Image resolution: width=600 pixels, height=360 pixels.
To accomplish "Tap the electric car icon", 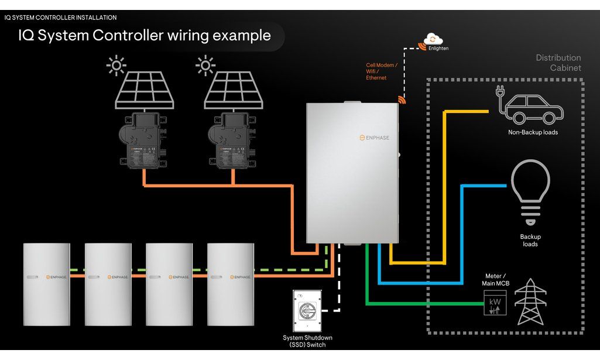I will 530,108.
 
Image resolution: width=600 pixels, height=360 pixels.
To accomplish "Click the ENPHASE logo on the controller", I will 374,138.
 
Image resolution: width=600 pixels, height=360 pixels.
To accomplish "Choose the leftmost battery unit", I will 46,283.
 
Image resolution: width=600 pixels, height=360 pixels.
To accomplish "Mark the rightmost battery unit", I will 231,283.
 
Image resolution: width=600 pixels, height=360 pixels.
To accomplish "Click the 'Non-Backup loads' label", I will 533,132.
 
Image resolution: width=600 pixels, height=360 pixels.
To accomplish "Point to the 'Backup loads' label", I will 530,241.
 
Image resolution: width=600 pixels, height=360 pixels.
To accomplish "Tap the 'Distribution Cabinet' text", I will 558,63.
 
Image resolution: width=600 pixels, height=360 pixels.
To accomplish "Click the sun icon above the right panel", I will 205,66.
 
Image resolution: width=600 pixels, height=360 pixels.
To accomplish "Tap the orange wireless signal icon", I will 403,100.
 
